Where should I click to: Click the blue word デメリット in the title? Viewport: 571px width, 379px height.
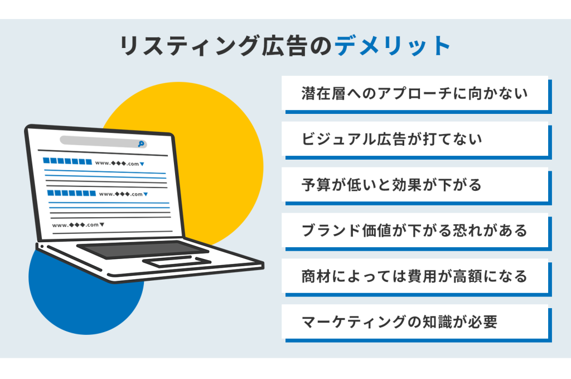click(393, 46)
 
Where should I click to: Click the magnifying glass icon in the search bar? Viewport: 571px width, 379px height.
click(141, 144)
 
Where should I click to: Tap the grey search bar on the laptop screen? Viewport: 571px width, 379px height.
click(103, 142)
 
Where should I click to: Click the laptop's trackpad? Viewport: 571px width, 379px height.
click(177, 261)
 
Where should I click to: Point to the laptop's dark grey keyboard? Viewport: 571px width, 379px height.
click(143, 248)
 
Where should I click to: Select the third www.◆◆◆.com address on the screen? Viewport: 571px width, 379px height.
click(78, 225)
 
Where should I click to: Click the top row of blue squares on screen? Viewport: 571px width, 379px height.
click(67, 161)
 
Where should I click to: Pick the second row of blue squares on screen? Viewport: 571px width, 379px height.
click(72, 193)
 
